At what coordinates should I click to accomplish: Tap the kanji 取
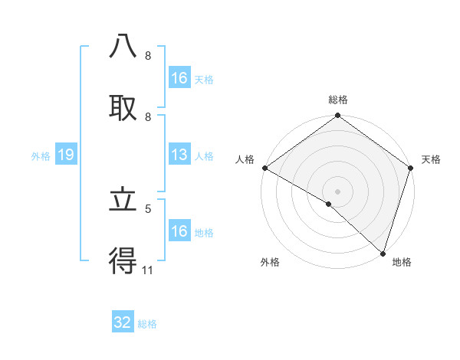click(123, 107)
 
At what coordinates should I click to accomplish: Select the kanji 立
click(123, 200)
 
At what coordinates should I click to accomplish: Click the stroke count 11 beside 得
click(147, 270)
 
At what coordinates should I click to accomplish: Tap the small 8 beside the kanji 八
click(147, 56)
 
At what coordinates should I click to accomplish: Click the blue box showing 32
click(123, 322)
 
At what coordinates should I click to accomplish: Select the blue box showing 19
click(65, 155)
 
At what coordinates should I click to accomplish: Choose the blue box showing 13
click(179, 155)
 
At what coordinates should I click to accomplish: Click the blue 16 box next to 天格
click(179, 78)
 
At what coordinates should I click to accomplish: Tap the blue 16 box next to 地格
click(179, 231)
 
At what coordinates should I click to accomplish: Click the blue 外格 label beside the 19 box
click(41, 156)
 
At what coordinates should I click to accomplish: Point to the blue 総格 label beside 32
click(147, 324)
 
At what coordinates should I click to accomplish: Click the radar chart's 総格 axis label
click(338, 100)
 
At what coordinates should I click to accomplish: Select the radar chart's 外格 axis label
click(270, 263)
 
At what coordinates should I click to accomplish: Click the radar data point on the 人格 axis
click(264, 168)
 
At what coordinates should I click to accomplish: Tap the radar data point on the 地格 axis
click(383, 254)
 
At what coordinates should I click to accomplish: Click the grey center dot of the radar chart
click(338, 191)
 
